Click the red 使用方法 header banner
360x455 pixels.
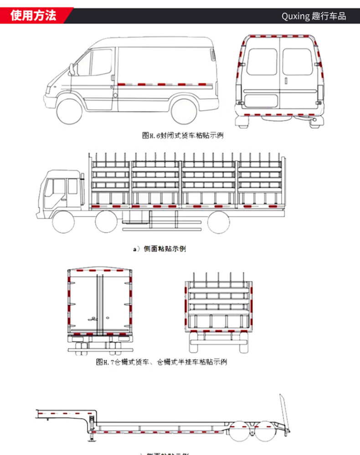(34, 15)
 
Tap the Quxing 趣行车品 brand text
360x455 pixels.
(314, 16)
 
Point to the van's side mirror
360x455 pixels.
(71, 70)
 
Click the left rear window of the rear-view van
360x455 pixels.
(262, 61)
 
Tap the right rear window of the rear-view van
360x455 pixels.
(297, 61)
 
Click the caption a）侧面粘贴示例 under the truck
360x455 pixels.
(159, 249)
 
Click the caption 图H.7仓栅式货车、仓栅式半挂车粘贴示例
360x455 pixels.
(161, 362)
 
